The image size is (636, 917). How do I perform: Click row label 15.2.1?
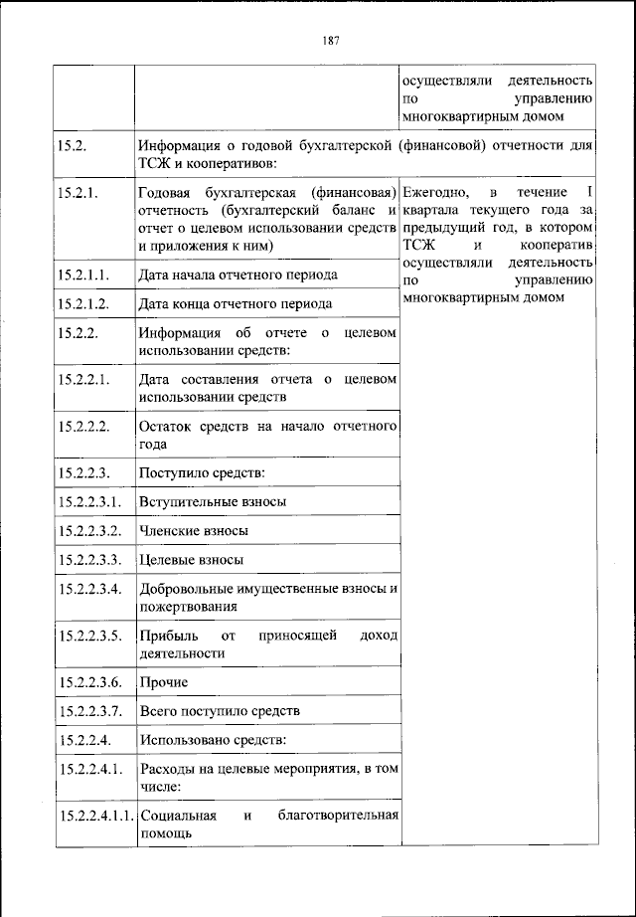[79, 191]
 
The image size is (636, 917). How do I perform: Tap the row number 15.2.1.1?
[82, 274]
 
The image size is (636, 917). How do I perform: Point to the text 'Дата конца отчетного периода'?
[236, 303]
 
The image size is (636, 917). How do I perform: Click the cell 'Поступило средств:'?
[203, 471]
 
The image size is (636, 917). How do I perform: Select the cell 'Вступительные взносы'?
[213, 501]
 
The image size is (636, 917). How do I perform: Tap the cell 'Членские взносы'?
[194, 531]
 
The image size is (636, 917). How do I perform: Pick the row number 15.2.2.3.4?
[90, 589]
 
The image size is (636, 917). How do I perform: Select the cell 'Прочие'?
[164, 682]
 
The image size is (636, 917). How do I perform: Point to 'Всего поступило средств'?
[220, 711]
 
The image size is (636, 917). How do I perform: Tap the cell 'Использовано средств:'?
[212, 740]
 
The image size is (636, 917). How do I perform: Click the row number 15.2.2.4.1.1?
[96, 817]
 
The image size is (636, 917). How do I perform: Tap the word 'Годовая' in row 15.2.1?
[166, 191]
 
